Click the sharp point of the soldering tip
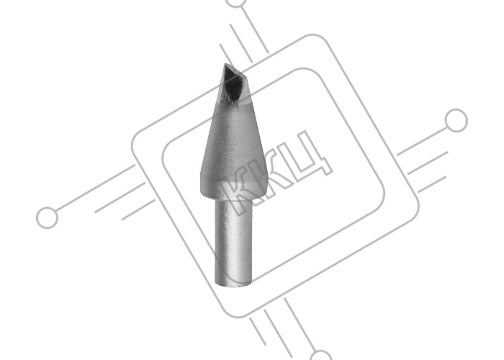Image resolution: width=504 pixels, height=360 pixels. pos(225,64)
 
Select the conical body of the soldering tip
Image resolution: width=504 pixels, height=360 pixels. pos(234,148)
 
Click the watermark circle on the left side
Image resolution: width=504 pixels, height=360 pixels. pos(48,217)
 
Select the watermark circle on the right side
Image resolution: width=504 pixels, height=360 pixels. pos(456,120)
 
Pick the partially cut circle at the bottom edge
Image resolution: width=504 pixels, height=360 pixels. pos(321,355)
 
